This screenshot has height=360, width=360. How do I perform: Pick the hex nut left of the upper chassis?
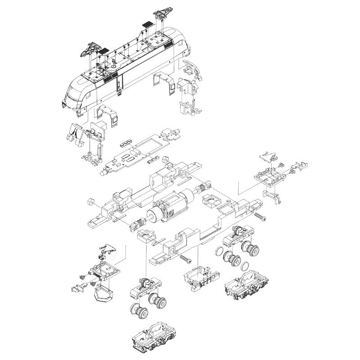click(x=90, y=201)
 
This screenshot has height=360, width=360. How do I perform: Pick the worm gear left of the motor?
click(x=137, y=224)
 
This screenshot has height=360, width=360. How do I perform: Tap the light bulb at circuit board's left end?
click(x=104, y=172)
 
